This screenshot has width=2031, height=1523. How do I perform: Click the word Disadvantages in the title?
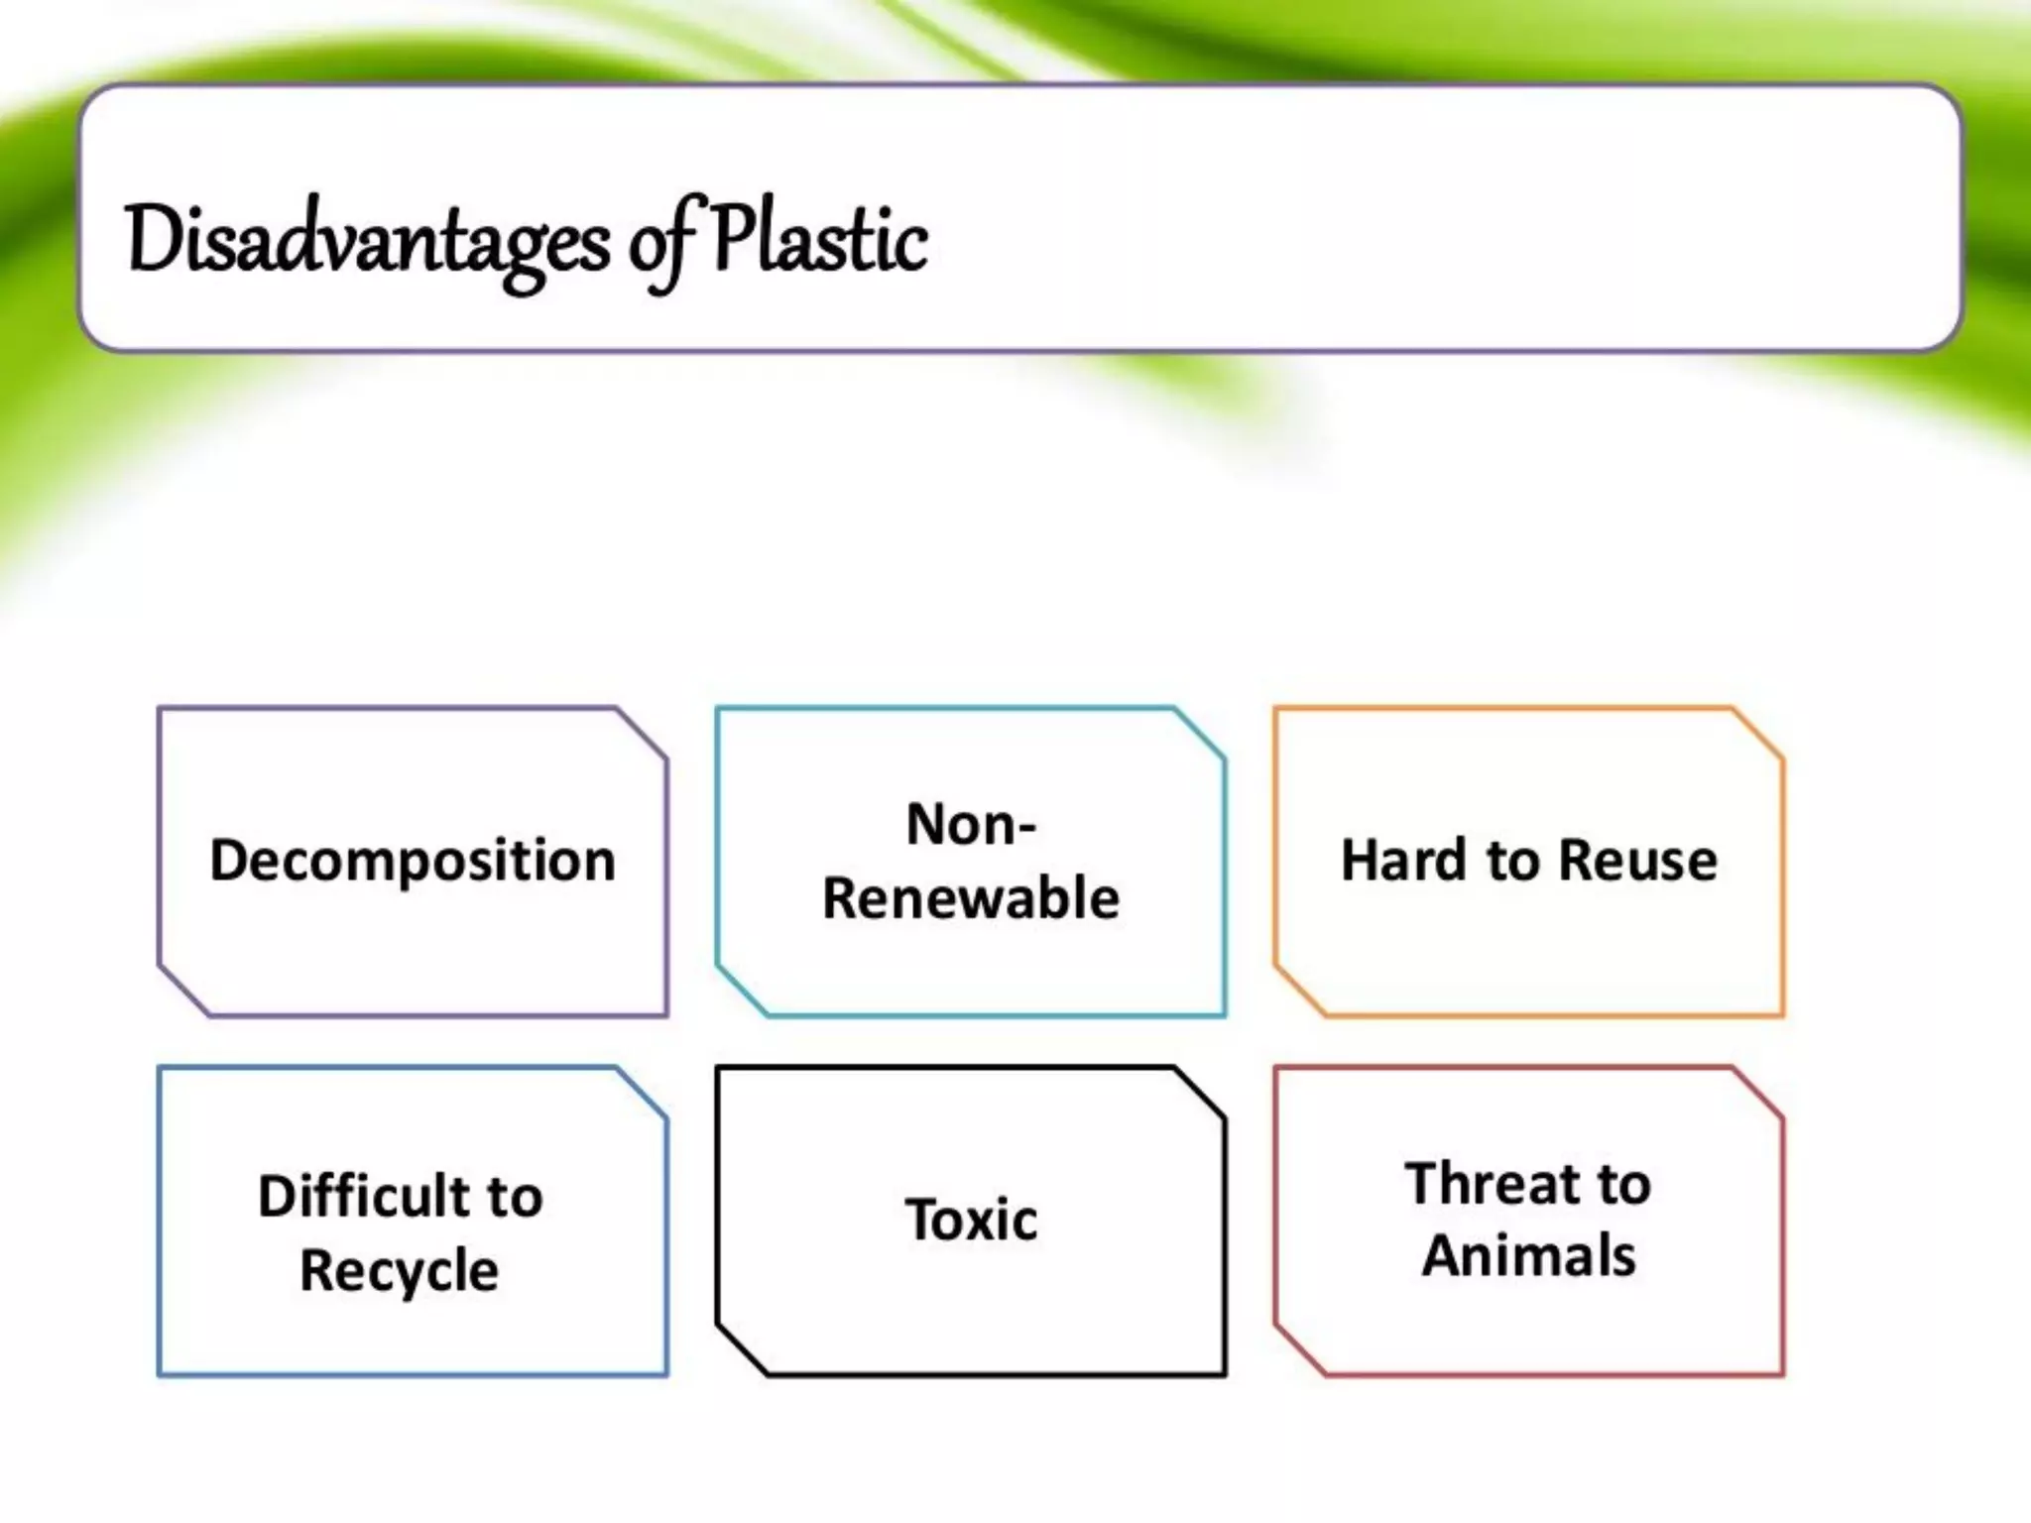(x=367, y=241)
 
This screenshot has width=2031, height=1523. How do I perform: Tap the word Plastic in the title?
(x=819, y=241)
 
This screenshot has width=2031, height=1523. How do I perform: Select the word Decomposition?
(x=413, y=860)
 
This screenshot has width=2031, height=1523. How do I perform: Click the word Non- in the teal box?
(x=971, y=824)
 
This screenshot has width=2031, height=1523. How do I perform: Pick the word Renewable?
(x=971, y=898)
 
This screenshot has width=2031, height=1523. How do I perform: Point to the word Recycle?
(x=399, y=1270)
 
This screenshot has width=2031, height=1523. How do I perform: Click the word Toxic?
(x=971, y=1220)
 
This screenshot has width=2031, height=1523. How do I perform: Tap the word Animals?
(x=1528, y=1256)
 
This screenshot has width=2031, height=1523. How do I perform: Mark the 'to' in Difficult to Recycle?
(x=514, y=1196)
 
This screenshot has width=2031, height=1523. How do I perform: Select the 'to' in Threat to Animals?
(x=1622, y=1183)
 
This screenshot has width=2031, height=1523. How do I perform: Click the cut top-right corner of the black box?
(x=1200, y=1093)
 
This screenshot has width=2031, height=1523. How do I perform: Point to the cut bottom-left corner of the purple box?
(x=183, y=991)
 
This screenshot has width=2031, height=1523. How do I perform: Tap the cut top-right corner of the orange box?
(x=1758, y=734)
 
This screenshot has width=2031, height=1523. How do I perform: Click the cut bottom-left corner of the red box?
(x=1299, y=1350)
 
